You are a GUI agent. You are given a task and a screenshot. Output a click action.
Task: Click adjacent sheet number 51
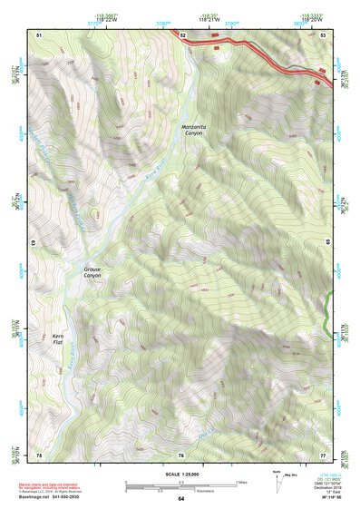[x=39, y=34]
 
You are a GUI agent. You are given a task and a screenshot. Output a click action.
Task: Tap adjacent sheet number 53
[x=323, y=34]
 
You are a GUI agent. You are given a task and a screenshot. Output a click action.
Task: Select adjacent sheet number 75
[x=39, y=455]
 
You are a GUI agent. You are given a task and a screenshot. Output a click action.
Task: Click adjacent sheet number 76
[x=181, y=455]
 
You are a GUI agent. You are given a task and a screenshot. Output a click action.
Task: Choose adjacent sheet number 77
[x=323, y=455]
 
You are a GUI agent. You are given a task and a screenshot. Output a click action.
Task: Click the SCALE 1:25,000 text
[x=180, y=474]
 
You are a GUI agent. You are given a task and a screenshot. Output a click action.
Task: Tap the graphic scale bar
[x=180, y=485]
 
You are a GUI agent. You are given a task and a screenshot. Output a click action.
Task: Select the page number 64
[x=180, y=499]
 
